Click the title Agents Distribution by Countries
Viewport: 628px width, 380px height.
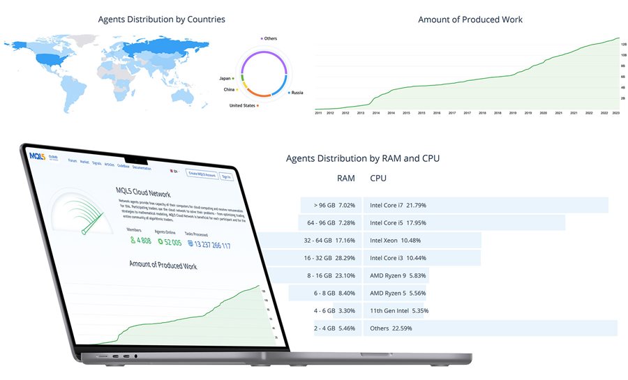point(162,20)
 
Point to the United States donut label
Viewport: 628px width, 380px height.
point(243,105)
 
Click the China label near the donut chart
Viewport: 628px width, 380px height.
point(230,90)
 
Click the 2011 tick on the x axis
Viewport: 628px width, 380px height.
point(319,112)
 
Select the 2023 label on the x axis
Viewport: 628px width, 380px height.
point(616,112)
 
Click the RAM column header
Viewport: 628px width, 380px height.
point(346,178)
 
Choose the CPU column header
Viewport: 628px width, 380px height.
point(378,178)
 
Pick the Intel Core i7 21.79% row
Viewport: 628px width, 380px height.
point(398,205)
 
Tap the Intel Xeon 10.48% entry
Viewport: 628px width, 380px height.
point(395,241)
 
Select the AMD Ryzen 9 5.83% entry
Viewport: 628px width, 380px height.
point(398,275)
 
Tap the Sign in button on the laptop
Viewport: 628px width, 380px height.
point(226,176)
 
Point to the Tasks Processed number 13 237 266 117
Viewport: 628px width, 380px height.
point(208,245)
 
